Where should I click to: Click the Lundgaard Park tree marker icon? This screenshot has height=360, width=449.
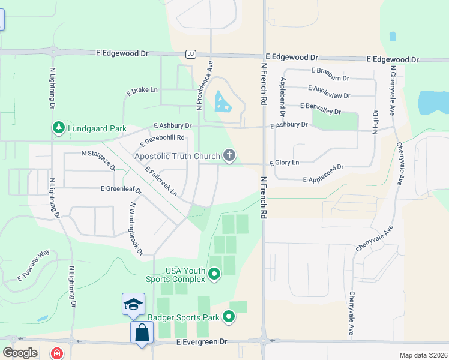(58, 128)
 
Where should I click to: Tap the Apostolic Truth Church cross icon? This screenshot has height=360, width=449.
(229, 156)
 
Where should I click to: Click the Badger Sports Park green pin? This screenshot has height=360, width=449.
(229, 316)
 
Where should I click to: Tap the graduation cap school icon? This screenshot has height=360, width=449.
(133, 304)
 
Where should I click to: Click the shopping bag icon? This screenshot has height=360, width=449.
(141, 332)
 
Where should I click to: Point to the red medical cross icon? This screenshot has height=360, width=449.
(56, 353)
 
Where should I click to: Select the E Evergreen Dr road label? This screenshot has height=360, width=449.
(202, 341)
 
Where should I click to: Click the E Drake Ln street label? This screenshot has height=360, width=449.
(142, 91)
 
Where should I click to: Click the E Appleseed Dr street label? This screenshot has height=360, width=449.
(324, 173)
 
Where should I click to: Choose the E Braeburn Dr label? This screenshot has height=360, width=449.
(330, 70)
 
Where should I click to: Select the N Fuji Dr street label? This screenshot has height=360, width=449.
(376, 123)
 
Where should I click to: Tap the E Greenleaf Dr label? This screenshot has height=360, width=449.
(121, 189)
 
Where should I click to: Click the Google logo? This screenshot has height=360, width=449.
(20, 353)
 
